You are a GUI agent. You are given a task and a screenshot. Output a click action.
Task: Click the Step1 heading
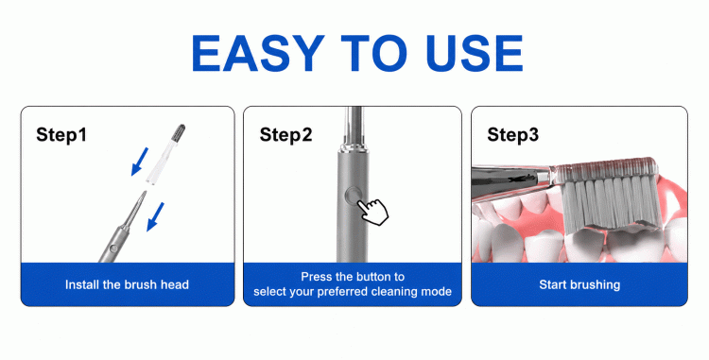click(61, 134)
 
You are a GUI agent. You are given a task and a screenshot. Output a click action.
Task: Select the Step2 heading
click(285, 134)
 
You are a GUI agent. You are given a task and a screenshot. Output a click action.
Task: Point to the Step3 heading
click(512, 134)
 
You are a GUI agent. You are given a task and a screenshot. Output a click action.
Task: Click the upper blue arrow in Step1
click(139, 161)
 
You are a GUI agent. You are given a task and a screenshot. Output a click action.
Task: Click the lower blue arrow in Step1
click(155, 216)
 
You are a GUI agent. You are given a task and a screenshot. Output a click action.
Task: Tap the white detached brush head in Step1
click(165, 154)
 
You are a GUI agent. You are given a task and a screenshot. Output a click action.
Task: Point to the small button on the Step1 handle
click(113, 248)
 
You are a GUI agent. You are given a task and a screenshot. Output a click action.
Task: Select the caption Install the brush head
click(127, 284)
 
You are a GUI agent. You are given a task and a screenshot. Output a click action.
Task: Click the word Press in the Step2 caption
click(315, 277)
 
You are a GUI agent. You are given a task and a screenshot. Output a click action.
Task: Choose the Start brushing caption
click(579, 284)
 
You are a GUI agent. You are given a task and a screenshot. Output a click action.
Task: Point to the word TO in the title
click(374, 53)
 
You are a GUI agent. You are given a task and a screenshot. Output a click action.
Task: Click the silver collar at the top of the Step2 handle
click(353, 146)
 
